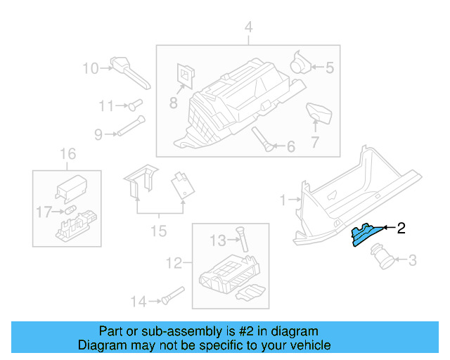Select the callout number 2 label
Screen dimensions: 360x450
tap(401, 227)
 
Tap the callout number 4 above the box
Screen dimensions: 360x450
tap(247, 27)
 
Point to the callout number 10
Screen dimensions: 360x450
tap(91, 68)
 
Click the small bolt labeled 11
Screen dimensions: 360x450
tap(131, 105)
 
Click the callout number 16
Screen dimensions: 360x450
tap(67, 154)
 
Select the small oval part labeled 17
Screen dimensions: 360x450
tap(70, 210)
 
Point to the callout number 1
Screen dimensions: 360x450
tap(283, 200)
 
